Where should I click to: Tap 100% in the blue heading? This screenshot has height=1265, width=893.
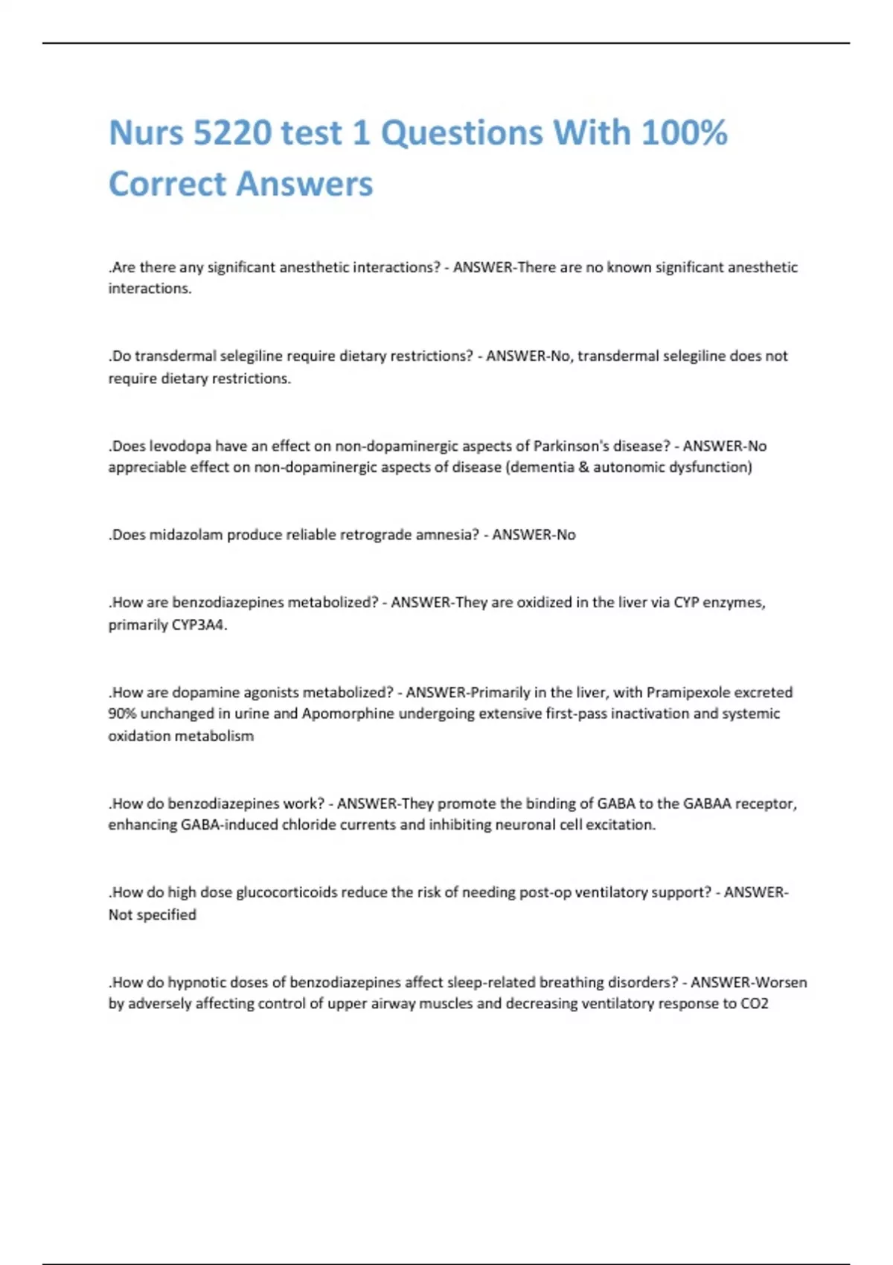(684, 134)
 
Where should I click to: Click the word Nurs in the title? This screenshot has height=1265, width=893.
(146, 134)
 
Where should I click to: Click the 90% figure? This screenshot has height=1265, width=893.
(122, 714)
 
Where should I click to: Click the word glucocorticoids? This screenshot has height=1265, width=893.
(287, 892)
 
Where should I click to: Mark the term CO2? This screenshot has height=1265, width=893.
(755, 1003)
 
